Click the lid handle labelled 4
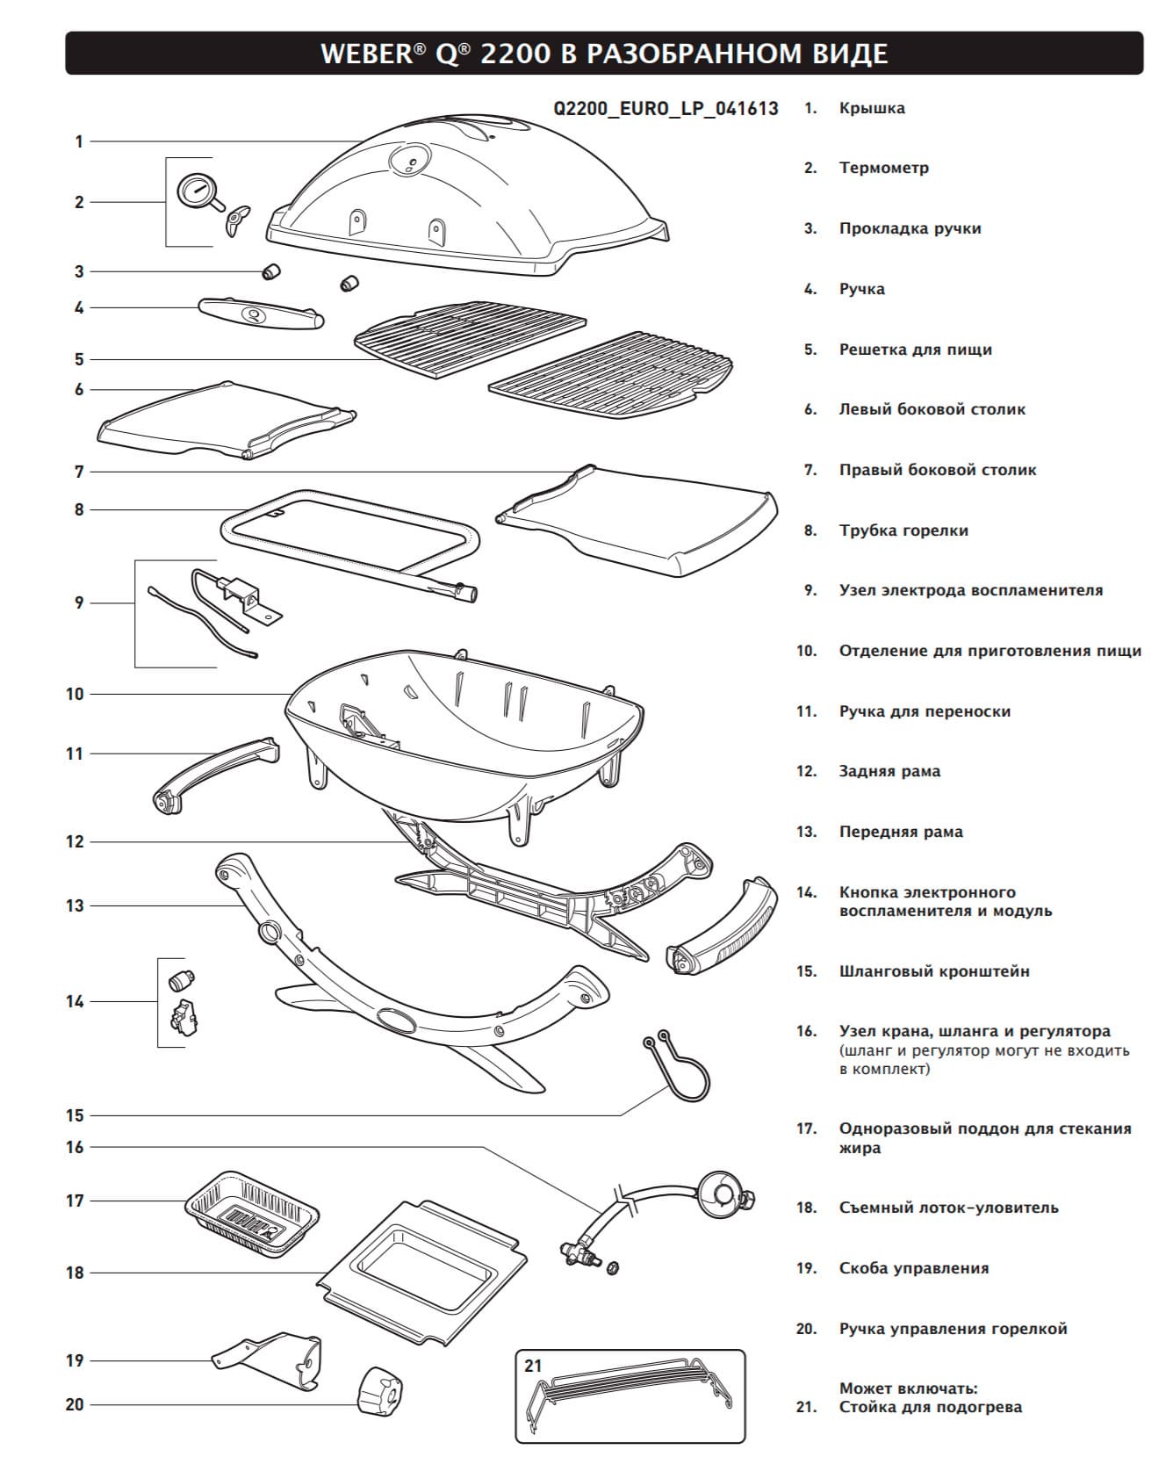[261, 314]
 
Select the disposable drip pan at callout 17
[251, 1211]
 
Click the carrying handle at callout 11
[214, 771]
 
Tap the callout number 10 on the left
[75, 694]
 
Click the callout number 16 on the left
[75, 1147]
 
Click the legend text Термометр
[883, 168]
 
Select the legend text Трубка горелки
[903, 530]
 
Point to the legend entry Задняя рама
[889, 771]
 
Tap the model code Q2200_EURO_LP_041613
[666, 109]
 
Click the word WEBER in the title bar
[364, 54]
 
